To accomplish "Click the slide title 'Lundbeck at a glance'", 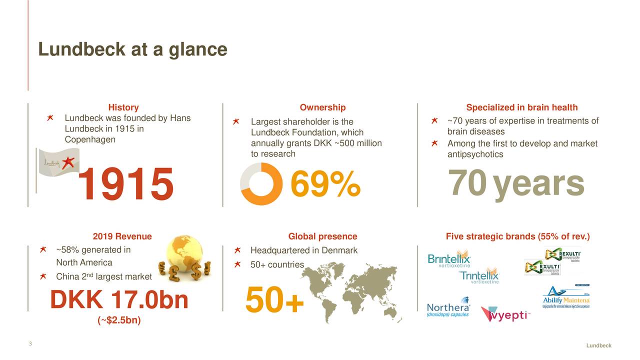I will (x=132, y=49).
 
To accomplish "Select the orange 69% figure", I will (x=325, y=184).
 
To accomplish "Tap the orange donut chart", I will (x=261, y=184).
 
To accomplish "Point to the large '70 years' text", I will (x=516, y=184).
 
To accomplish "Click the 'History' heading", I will (x=123, y=107).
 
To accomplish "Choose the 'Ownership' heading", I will (x=322, y=107).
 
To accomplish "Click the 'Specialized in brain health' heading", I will (x=521, y=107).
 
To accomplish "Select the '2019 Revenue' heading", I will (x=122, y=236).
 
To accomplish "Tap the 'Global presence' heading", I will (x=322, y=236).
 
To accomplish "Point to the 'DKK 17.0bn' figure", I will (x=119, y=300).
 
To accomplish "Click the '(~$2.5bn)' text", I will (x=119, y=320).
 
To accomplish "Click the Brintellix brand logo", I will (x=449, y=259).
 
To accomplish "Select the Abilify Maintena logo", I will (x=566, y=298).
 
